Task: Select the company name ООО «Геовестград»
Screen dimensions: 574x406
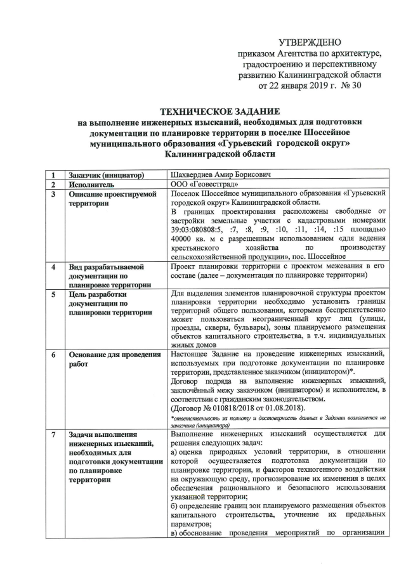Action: click(x=204, y=184)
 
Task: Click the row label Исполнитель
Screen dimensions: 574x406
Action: click(x=91, y=185)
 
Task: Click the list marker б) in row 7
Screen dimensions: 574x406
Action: click(x=176, y=509)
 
